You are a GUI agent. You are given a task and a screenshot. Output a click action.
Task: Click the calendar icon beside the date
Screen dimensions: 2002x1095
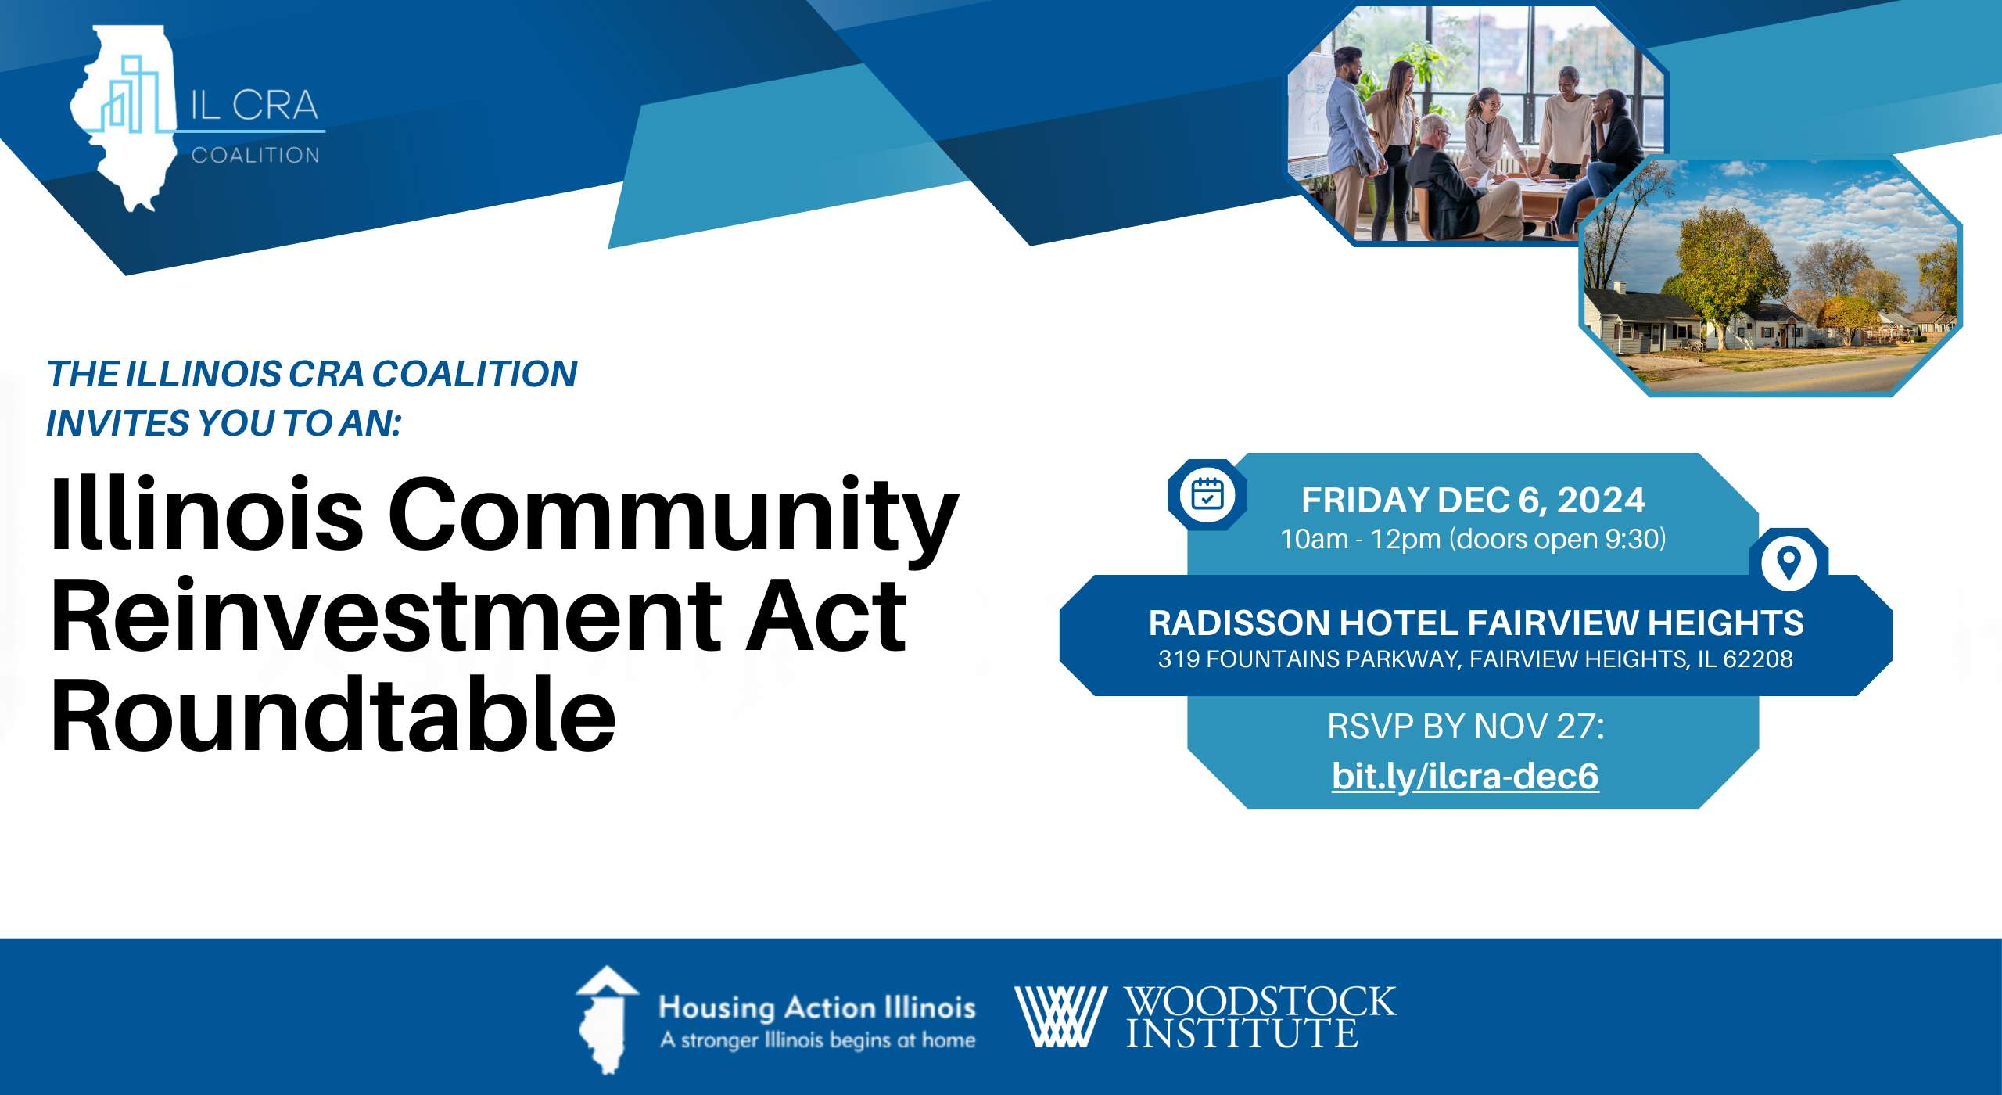click(1207, 494)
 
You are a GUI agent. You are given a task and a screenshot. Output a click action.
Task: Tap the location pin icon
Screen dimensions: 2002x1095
click(1789, 562)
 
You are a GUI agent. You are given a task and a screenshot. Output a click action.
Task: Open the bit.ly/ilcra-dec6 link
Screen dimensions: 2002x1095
click(1466, 776)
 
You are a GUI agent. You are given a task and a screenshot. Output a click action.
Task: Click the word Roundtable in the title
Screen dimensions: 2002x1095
click(334, 715)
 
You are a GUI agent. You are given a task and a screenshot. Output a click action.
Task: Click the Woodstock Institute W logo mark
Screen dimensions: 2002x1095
click(1060, 1016)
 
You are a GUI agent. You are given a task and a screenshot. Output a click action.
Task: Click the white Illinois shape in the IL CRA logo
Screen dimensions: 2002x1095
click(125, 117)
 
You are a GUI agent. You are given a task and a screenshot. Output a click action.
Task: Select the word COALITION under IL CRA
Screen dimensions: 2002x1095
click(256, 155)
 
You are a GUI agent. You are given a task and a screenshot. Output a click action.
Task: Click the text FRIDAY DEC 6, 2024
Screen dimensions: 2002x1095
click(1473, 500)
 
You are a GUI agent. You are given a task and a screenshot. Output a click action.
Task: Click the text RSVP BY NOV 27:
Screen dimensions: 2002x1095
click(1466, 727)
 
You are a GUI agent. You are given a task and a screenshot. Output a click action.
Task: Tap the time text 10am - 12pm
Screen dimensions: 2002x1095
click(1361, 539)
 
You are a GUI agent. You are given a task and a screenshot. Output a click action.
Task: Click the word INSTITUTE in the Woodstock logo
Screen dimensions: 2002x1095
click(1242, 1033)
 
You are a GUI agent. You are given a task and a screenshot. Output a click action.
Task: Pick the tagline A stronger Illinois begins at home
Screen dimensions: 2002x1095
click(818, 1040)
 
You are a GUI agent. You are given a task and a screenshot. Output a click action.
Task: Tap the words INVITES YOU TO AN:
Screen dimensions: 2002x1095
click(224, 423)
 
